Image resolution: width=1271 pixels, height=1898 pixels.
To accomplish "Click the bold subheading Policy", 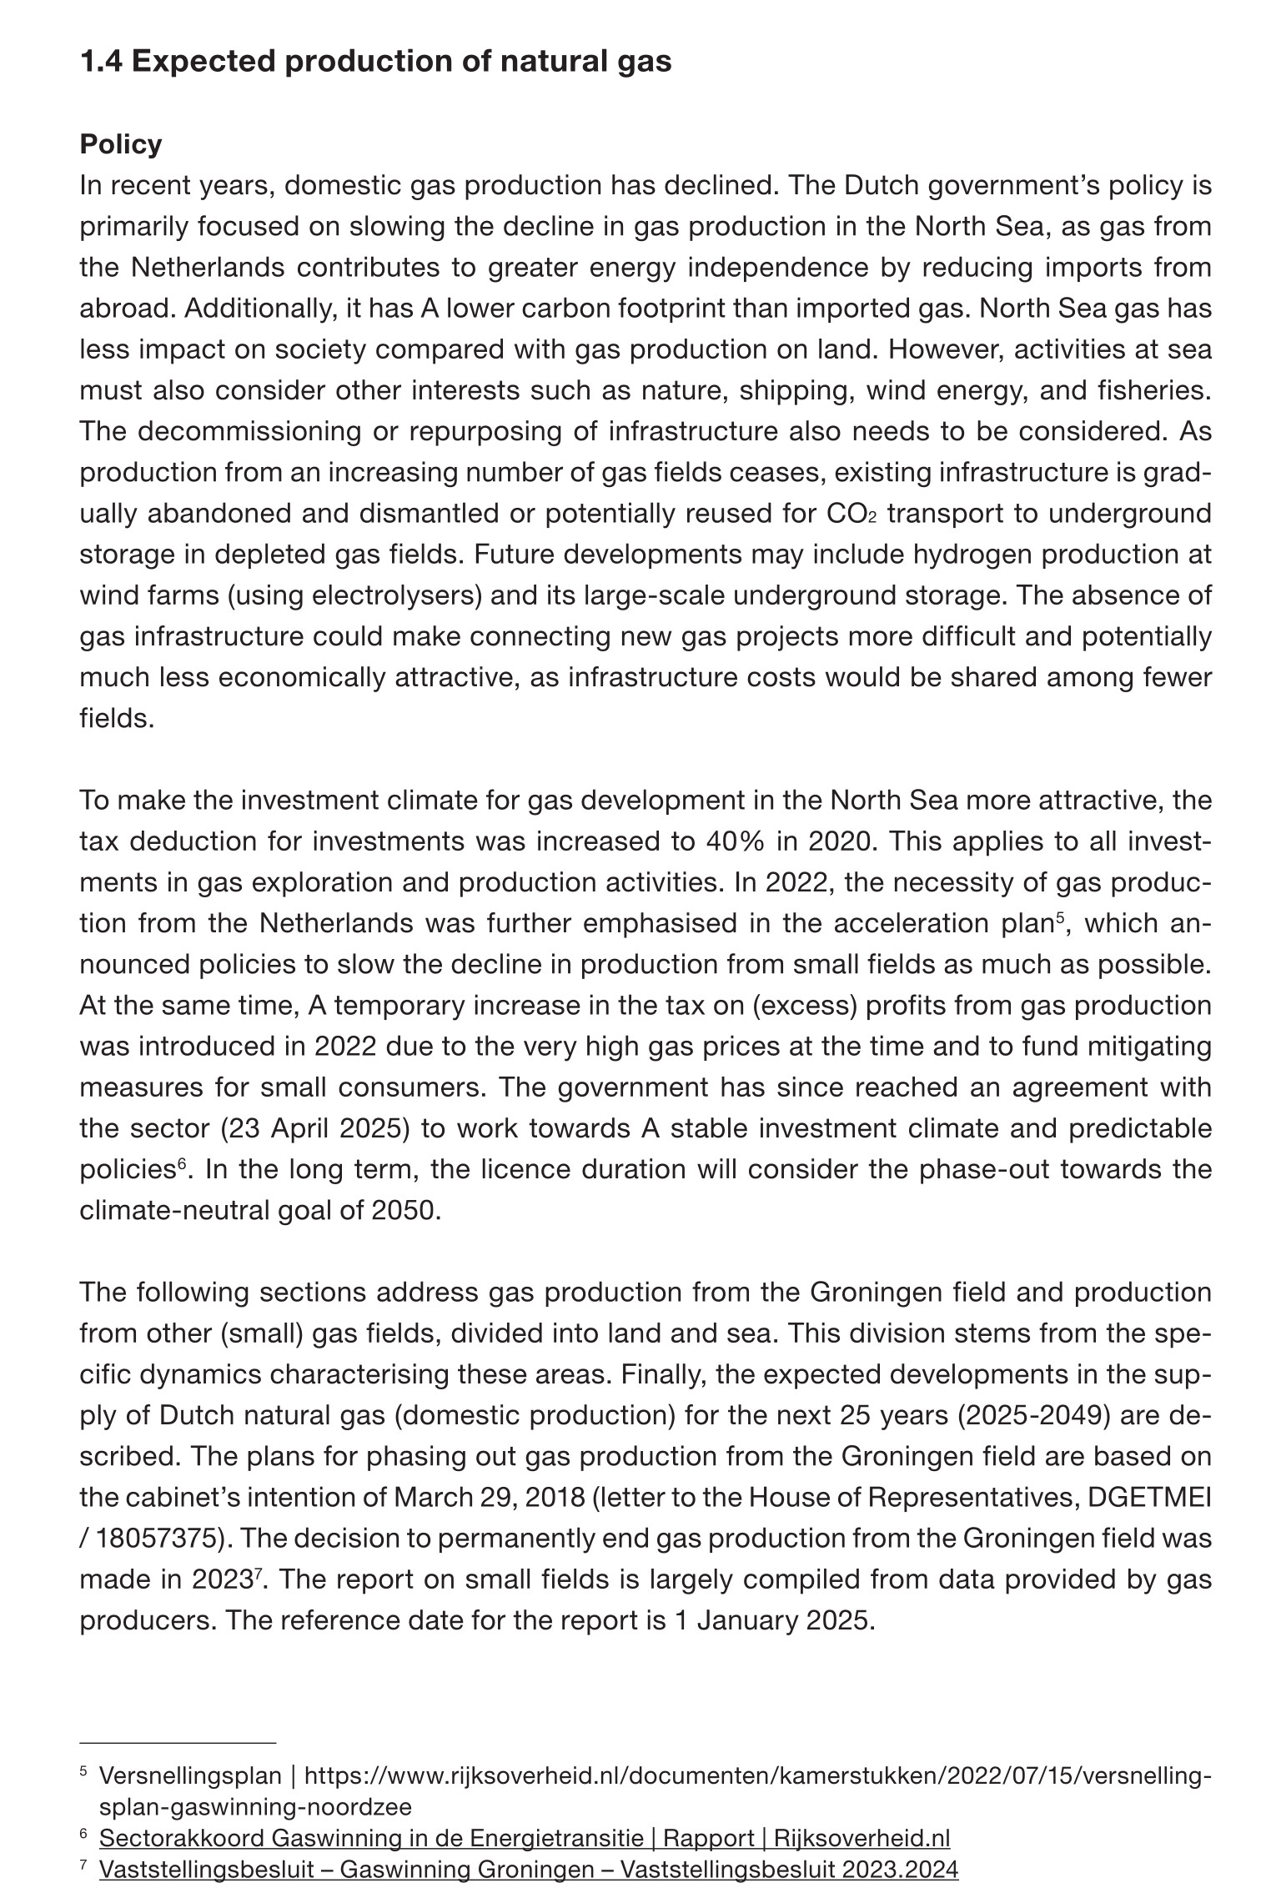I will [120, 144].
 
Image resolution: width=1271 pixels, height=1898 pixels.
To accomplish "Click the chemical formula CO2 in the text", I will [852, 513].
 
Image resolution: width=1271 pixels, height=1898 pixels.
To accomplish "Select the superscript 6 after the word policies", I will [180, 1164].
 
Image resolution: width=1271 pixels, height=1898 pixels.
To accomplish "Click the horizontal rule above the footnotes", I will [177, 1743].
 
